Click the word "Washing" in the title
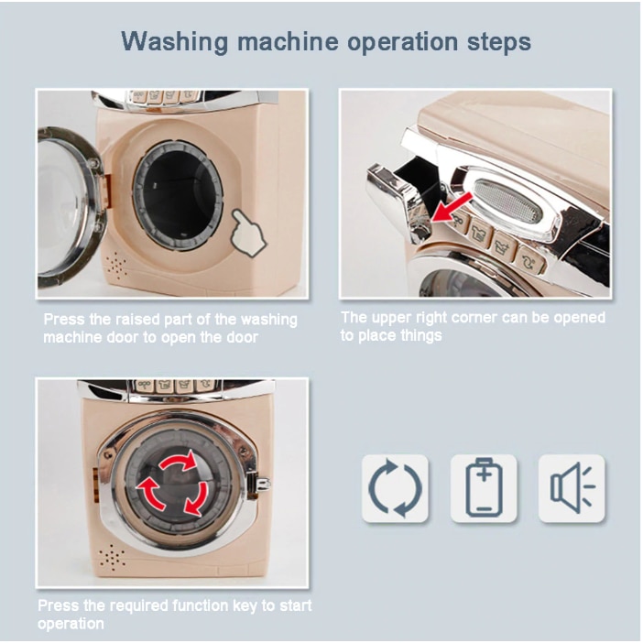point(174,42)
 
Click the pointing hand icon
point(247,232)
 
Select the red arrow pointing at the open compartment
point(452,207)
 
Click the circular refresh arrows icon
point(395,488)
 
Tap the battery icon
point(484,487)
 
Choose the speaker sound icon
point(572,488)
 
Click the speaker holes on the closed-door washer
point(112,558)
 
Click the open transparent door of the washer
point(71,207)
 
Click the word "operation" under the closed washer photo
point(71,624)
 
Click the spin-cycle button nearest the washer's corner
point(530,259)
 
